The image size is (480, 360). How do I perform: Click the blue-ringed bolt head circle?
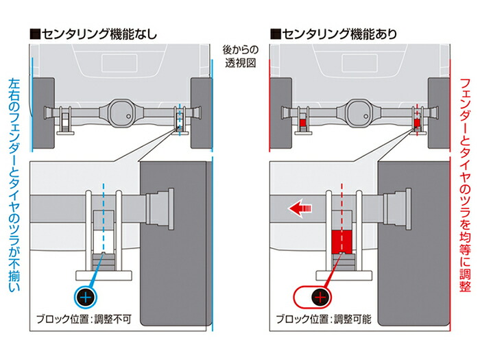85,297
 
